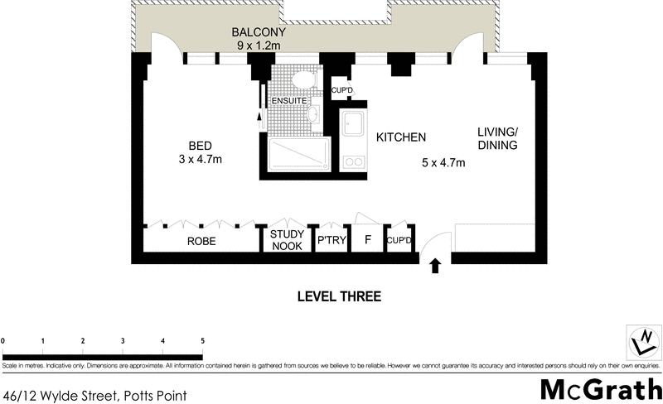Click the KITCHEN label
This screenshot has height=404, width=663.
(401, 137)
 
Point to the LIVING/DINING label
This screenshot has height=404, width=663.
(497, 138)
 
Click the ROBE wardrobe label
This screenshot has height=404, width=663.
(201, 242)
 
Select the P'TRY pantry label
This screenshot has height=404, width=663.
(331, 242)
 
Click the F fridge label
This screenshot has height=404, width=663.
(366, 242)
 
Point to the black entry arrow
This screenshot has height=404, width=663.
(436, 267)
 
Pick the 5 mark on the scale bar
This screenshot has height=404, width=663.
(202, 340)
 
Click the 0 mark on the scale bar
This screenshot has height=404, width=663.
(3, 340)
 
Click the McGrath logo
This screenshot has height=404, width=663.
(600, 389)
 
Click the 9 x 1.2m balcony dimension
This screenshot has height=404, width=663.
(258, 46)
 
